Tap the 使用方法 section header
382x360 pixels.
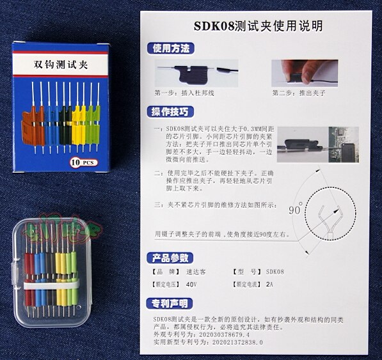pyautogui.click(x=171, y=49)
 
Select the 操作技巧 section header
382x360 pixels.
pyautogui.click(x=171, y=112)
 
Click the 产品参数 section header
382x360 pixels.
pyautogui.click(x=171, y=258)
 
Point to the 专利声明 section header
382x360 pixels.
pyautogui.click(x=171, y=302)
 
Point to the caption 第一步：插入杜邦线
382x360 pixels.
pyautogui.click(x=188, y=93)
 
